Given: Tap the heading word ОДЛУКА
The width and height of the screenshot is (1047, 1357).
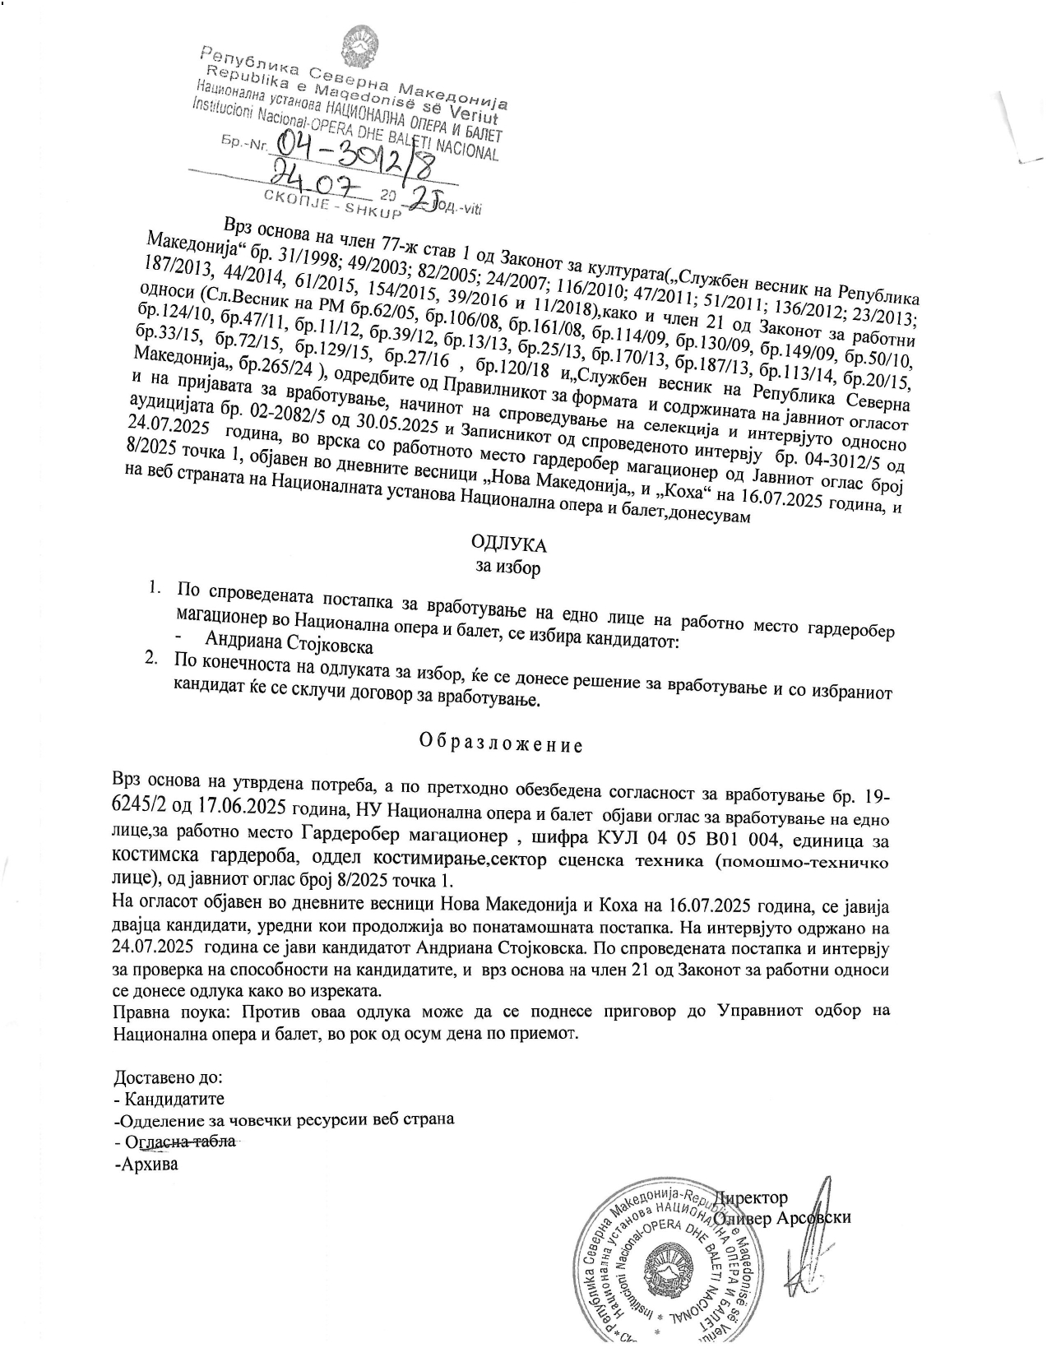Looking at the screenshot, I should [508, 544].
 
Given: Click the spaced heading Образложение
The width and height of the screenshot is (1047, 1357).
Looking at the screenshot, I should [501, 745].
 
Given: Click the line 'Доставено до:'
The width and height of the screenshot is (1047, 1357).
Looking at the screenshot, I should [168, 1077].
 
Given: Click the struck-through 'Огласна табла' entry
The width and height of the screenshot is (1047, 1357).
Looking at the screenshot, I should [180, 1142].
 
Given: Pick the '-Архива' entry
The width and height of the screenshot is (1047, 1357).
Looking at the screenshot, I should [146, 1164].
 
